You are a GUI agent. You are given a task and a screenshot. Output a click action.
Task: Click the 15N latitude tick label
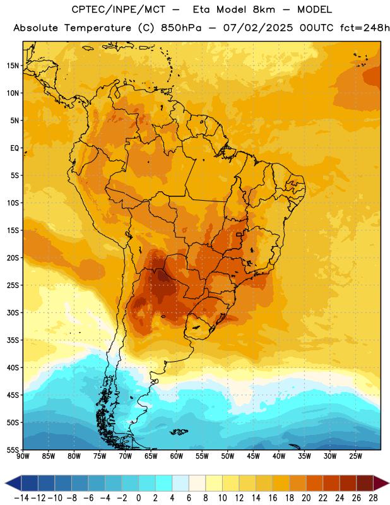tap(13, 66)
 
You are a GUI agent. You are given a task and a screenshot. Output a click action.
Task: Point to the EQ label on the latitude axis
tap(15, 148)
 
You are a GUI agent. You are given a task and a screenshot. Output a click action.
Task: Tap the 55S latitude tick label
tap(13, 449)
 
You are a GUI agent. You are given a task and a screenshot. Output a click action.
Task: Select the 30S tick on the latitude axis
tap(13, 312)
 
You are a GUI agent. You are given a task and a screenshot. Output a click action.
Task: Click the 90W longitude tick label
tap(23, 456)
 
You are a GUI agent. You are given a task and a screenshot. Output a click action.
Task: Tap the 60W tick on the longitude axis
tap(177, 456)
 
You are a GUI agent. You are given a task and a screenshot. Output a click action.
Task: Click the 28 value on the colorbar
tap(373, 498)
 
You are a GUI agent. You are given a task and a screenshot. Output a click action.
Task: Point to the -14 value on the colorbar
tap(21, 498)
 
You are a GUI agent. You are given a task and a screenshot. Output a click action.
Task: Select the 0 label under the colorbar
tap(138, 498)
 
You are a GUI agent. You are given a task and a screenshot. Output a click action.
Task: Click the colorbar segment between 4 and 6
tap(180, 483)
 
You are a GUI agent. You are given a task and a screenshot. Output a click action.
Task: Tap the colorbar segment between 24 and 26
tap(348, 483)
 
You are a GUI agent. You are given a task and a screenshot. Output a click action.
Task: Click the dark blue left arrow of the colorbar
tap(13, 483)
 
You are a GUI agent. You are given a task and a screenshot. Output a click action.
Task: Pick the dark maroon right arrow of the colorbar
tap(381, 483)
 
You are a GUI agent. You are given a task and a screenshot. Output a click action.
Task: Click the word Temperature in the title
tap(98, 28)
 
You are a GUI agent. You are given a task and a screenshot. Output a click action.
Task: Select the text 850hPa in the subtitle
tap(181, 28)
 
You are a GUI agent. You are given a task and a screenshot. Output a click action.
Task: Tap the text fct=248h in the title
tap(365, 28)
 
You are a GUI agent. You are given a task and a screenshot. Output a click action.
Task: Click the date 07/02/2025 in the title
tap(258, 28)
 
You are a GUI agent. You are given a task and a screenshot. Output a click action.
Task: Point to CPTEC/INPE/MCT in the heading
tap(119, 9)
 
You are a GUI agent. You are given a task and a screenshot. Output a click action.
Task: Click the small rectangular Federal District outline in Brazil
tap(239, 234)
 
